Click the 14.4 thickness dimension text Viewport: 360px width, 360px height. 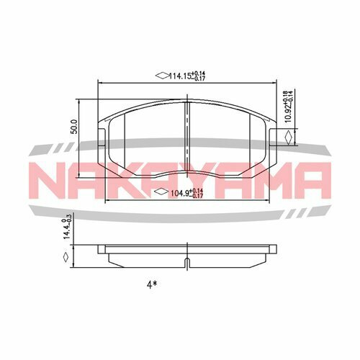click(67, 230)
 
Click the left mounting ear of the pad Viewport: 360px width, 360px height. click(103, 138)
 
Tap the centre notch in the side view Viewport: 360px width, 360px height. click(187, 261)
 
